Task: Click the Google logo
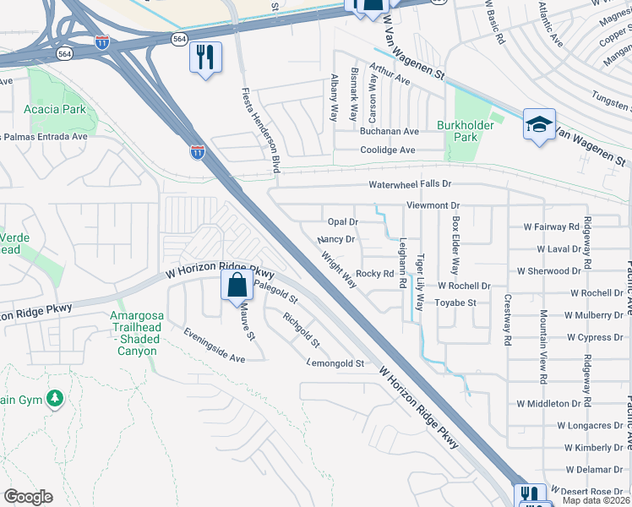[x=28, y=496]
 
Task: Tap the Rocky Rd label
[x=375, y=273]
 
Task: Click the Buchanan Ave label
[x=390, y=132]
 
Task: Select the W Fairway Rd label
[x=552, y=226]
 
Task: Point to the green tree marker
[x=55, y=396]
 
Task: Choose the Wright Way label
[x=338, y=267]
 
